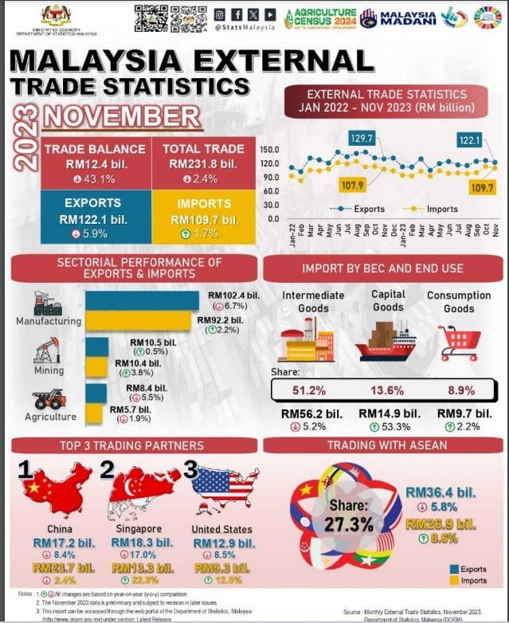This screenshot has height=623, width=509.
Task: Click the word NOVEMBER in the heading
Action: (x=122, y=116)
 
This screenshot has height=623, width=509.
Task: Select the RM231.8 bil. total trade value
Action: (x=203, y=164)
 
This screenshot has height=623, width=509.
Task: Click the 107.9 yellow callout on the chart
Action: (x=352, y=186)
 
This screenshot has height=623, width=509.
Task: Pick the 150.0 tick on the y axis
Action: (x=268, y=150)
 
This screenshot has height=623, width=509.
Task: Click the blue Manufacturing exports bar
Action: (x=143, y=300)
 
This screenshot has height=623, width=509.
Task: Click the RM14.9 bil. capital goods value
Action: (x=389, y=413)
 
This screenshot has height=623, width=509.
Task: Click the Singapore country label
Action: (x=138, y=529)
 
